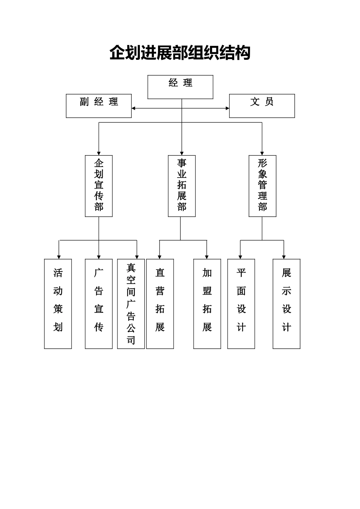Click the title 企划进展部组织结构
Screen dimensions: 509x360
pyautogui.click(x=180, y=53)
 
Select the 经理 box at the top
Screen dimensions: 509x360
pyautogui.click(x=180, y=87)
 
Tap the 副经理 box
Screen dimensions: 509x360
pyautogui.click(x=99, y=106)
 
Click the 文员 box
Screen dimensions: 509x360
pyautogui.click(x=262, y=106)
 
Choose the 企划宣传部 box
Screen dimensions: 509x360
pyautogui.click(x=99, y=186)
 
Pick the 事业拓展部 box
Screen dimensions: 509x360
pyautogui.click(x=182, y=186)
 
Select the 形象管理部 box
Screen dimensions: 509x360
pyautogui.click(x=262, y=186)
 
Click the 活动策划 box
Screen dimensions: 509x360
pyautogui.click(x=58, y=304)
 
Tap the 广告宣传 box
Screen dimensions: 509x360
pyautogui.click(x=99, y=304)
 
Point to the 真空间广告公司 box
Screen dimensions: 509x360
pyautogui.click(x=131, y=304)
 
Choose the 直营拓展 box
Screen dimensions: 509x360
pyautogui.click(x=160, y=304)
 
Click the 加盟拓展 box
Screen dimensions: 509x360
pyautogui.click(x=207, y=304)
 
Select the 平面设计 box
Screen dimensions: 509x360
pyautogui.click(x=241, y=304)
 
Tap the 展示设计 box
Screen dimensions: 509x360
pyautogui.click(x=286, y=304)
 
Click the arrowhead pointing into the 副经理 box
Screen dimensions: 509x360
pyautogui.click(x=133, y=108)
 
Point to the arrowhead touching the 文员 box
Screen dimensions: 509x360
pyautogui.click(x=227, y=108)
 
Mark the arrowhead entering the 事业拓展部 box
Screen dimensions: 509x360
pyautogui.click(x=182, y=153)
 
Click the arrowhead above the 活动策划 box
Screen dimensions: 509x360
pyautogui.click(x=59, y=257)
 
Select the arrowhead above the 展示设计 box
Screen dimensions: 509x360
pyautogui.click(x=284, y=257)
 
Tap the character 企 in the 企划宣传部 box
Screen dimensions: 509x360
pyautogui.click(x=99, y=163)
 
